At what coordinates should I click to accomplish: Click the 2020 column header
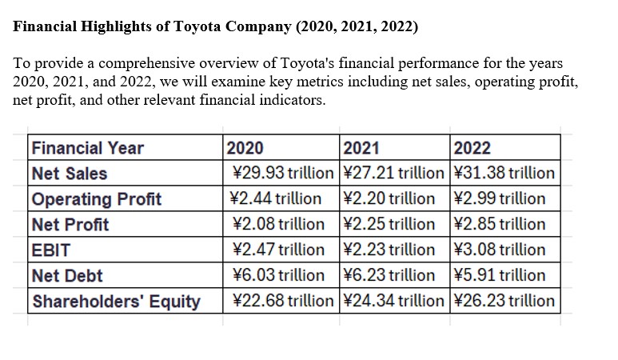(x=245, y=148)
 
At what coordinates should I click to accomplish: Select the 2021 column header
(x=360, y=148)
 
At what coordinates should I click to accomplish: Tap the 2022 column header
(x=472, y=148)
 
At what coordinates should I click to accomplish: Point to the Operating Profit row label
(x=96, y=199)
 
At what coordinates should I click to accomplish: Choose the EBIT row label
(x=50, y=250)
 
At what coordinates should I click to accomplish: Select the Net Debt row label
(x=67, y=276)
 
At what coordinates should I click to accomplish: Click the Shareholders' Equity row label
(x=115, y=302)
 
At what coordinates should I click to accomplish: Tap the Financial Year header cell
(x=87, y=148)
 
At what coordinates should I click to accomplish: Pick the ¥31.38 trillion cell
(x=504, y=174)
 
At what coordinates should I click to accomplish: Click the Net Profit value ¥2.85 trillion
(x=500, y=225)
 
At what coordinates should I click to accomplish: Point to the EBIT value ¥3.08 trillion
(x=500, y=250)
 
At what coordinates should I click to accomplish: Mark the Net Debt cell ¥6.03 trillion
(x=277, y=276)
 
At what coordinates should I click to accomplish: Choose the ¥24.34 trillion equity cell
(x=393, y=302)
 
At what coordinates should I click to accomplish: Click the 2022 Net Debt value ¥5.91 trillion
(x=500, y=276)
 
